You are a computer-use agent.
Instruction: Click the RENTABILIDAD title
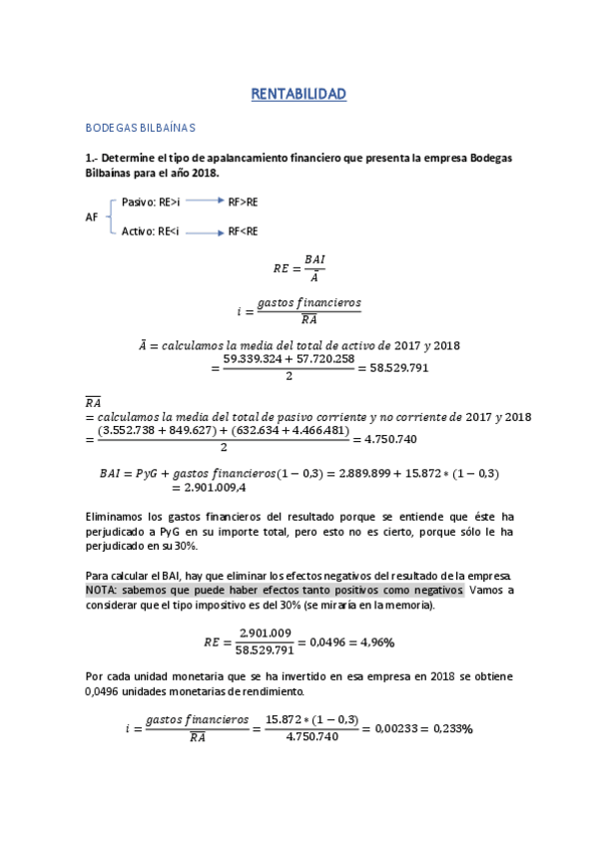(x=299, y=95)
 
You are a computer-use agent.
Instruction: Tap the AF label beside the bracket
(x=93, y=216)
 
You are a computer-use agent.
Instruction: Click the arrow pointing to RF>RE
(x=204, y=202)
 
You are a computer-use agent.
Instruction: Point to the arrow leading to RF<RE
(x=204, y=232)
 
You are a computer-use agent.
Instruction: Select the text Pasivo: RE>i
(x=150, y=202)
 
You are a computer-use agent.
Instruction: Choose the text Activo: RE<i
(x=150, y=232)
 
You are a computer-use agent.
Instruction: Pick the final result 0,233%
(x=452, y=728)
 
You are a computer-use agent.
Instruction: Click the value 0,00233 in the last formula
(x=393, y=728)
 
